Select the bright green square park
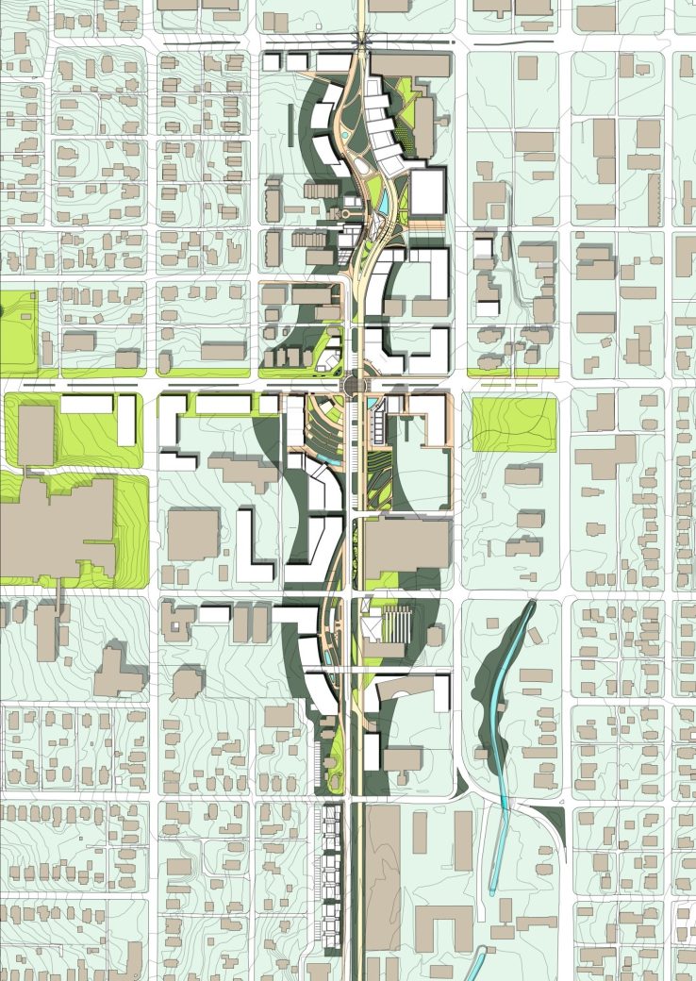[513, 424]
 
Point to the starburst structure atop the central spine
[362, 40]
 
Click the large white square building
[427, 191]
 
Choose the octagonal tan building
[187, 682]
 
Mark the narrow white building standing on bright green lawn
[126, 421]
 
